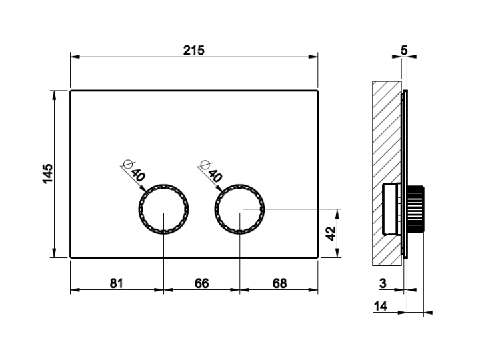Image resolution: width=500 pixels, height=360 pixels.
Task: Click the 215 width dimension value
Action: pos(193,50)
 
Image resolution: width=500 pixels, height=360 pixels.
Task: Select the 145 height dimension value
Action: pos(48,173)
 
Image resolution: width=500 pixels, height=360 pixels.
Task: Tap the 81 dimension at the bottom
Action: pos(116,283)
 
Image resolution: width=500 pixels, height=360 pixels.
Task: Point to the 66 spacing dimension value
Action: pos(201,283)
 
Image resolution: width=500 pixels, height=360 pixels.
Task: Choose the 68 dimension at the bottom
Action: pos(279,283)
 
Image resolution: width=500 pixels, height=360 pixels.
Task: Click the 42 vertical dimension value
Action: pos(331,233)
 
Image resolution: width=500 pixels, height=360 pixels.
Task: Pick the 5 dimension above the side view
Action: pos(404,50)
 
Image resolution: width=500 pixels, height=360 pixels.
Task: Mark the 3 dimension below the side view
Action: pos(383,283)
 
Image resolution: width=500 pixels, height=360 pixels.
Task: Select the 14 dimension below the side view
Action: pos(381,306)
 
